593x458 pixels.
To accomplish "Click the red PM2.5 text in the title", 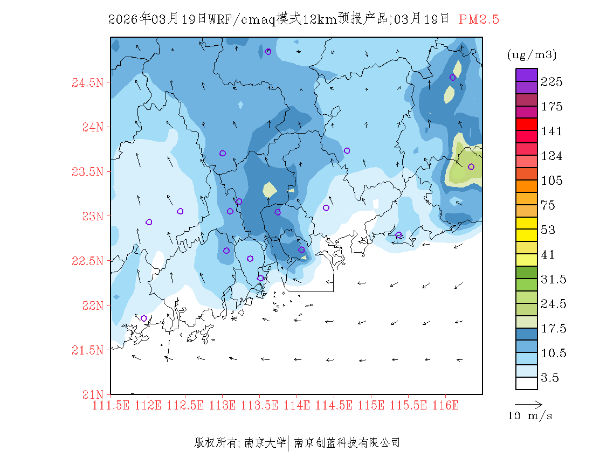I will (479, 19).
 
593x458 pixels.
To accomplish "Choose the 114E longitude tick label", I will (296, 405).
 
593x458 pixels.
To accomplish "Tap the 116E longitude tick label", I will (445, 405).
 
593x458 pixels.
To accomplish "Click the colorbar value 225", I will (551, 82).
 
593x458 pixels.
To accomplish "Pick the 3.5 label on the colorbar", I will (550, 378).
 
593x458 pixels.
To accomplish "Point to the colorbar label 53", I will (548, 230).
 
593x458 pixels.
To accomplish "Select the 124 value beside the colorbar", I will (551, 156).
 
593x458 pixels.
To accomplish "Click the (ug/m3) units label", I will (532, 55).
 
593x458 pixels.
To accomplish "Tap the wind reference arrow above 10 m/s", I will (528, 404).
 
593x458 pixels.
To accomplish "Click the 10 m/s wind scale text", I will (530, 416).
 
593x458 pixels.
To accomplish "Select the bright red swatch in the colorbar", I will (527, 124).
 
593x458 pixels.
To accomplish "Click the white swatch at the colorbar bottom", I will (527, 383).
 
